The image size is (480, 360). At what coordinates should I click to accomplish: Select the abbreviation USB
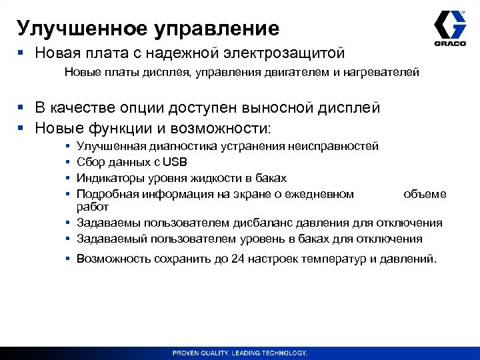tap(175, 162)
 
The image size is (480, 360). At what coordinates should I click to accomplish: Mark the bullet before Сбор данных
tap(69, 162)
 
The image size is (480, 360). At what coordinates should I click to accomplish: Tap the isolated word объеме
tap(425, 194)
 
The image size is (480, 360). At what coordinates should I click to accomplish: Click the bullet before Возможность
tap(69, 258)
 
